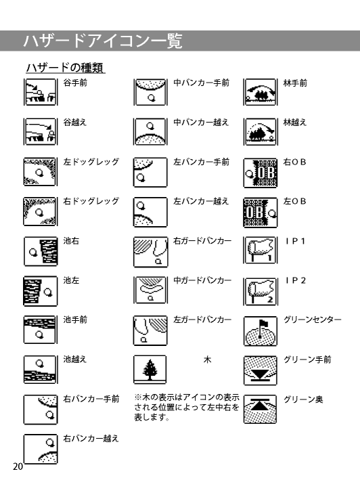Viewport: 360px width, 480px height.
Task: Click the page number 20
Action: (x=18, y=466)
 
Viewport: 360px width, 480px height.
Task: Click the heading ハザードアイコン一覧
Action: (x=103, y=41)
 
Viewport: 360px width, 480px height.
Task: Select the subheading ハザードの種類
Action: (x=65, y=68)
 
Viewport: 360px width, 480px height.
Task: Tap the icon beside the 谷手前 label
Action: (x=41, y=92)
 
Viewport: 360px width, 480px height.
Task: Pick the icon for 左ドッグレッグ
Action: (x=41, y=171)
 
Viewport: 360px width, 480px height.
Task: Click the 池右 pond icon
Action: (x=41, y=251)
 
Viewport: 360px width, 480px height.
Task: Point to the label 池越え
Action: (x=75, y=359)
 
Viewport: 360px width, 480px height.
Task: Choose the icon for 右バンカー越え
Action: (x=41, y=449)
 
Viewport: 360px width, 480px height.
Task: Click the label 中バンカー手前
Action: (x=201, y=83)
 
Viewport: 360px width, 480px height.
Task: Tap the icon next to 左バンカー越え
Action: (x=150, y=212)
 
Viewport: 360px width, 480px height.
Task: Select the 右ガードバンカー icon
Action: (x=150, y=252)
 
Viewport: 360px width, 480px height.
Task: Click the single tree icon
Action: (x=150, y=370)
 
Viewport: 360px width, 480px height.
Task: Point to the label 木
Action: (x=207, y=359)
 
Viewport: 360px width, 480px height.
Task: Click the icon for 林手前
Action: (x=261, y=92)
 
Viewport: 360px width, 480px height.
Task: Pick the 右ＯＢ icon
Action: (x=261, y=173)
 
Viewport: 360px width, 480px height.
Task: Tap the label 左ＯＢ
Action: (x=295, y=201)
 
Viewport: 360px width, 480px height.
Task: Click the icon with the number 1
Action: (x=261, y=250)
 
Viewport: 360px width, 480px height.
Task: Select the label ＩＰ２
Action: (x=295, y=280)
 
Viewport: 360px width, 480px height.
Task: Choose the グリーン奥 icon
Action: (x=261, y=409)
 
